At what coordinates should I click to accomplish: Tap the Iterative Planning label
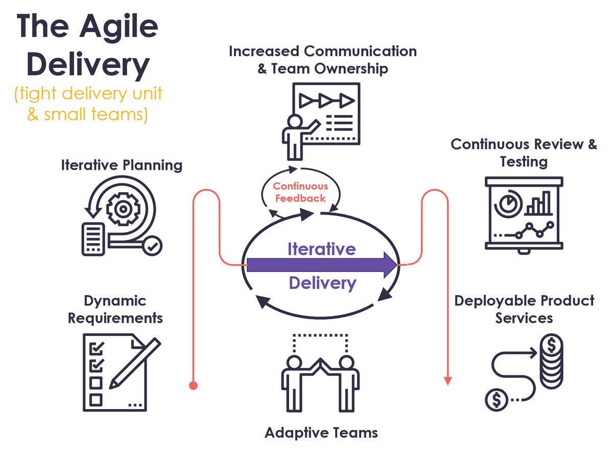(122, 165)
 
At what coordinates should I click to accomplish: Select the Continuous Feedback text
(300, 192)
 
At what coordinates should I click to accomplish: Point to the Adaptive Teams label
(321, 433)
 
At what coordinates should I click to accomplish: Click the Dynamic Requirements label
(115, 309)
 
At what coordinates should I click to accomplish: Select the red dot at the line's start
(193, 385)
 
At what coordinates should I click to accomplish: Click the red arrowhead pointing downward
(447, 380)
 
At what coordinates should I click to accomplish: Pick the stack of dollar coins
(552, 363)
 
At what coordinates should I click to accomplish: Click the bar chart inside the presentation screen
(539, 203)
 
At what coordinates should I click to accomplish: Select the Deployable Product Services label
(524, 309)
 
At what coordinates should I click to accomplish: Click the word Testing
(524, 162)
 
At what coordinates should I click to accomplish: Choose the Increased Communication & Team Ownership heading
(322, 60)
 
